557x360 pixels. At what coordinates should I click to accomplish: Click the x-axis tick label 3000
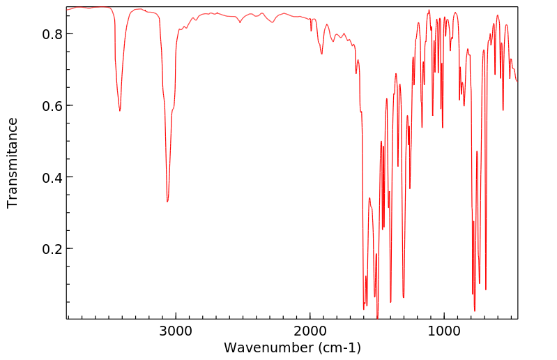point(175,330)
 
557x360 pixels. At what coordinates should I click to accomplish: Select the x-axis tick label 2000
point(310,330)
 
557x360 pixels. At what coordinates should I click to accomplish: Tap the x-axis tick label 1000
point(444,330)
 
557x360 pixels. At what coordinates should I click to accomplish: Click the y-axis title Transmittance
point(13,163)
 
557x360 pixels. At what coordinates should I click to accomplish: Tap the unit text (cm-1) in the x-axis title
point(339,347)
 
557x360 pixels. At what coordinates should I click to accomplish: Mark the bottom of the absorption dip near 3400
point(120,110)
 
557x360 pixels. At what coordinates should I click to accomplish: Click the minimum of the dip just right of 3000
point(167,202)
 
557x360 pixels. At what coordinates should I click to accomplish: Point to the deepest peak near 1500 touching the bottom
point(377,317)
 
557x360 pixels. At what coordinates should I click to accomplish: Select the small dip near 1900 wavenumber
point(321,54)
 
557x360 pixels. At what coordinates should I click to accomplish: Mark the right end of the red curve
point(517,82)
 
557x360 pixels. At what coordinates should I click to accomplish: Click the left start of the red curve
point(67,10)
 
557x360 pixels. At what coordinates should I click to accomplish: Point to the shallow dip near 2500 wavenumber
point(241,22)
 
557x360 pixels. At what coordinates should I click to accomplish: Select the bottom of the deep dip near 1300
point(403,297)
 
